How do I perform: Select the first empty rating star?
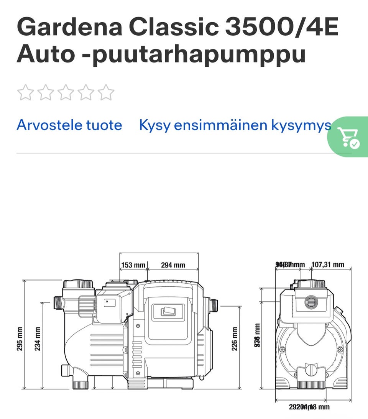25,92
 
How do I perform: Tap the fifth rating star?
106,92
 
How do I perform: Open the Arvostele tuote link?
69,125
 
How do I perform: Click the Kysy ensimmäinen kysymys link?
235,125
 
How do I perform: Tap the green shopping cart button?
348,137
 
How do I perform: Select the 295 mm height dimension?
20,338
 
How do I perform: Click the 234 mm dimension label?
38,338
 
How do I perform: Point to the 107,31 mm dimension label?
327,265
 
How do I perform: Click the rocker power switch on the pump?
168,311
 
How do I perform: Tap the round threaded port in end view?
310,302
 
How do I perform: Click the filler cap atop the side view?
79,285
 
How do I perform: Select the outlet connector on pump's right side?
213,306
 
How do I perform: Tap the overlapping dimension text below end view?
309,407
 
